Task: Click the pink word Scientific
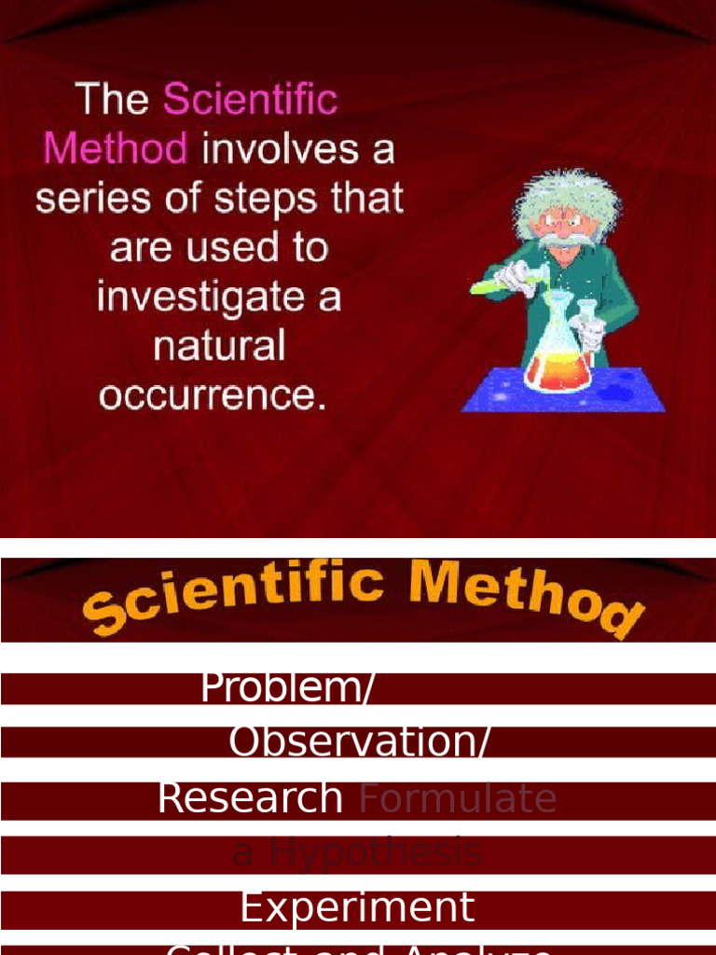coord(250,100)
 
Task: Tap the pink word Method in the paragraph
coord(116,149)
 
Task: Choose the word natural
coord(218,347)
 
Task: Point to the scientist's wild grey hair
coord(564,191)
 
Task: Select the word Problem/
coord(287,688)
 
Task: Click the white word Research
coord(250,798)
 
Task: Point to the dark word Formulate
coord(458,798)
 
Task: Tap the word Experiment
coord(357,907)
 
